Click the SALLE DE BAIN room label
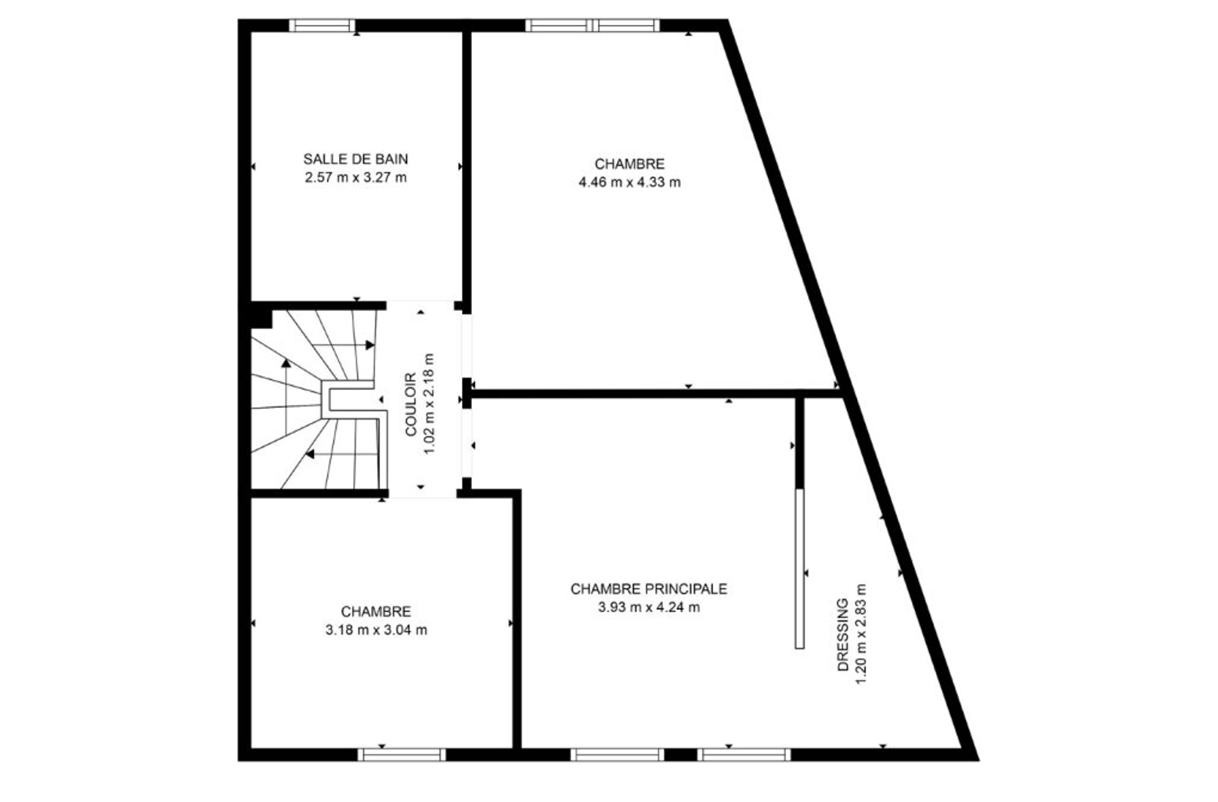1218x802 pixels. (355, 159)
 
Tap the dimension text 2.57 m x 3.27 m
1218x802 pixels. (355, 177)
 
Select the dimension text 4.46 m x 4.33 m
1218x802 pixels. (629, 182)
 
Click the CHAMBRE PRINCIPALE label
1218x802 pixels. (649, 589)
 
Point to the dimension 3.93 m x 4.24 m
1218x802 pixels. (649, 607)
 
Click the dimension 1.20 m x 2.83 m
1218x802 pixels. (861, 634)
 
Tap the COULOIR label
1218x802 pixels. (410, 404)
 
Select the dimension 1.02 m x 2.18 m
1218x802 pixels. (429, 404)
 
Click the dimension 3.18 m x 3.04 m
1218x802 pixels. (377, 630)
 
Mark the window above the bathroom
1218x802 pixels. (322, 26)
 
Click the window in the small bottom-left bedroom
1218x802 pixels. (402, 755)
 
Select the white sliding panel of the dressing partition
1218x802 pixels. (799, 569)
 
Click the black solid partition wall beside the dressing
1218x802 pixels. (799, 443)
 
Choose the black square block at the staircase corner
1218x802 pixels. (261, 319)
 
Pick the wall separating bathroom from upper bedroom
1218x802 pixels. (467, 167)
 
